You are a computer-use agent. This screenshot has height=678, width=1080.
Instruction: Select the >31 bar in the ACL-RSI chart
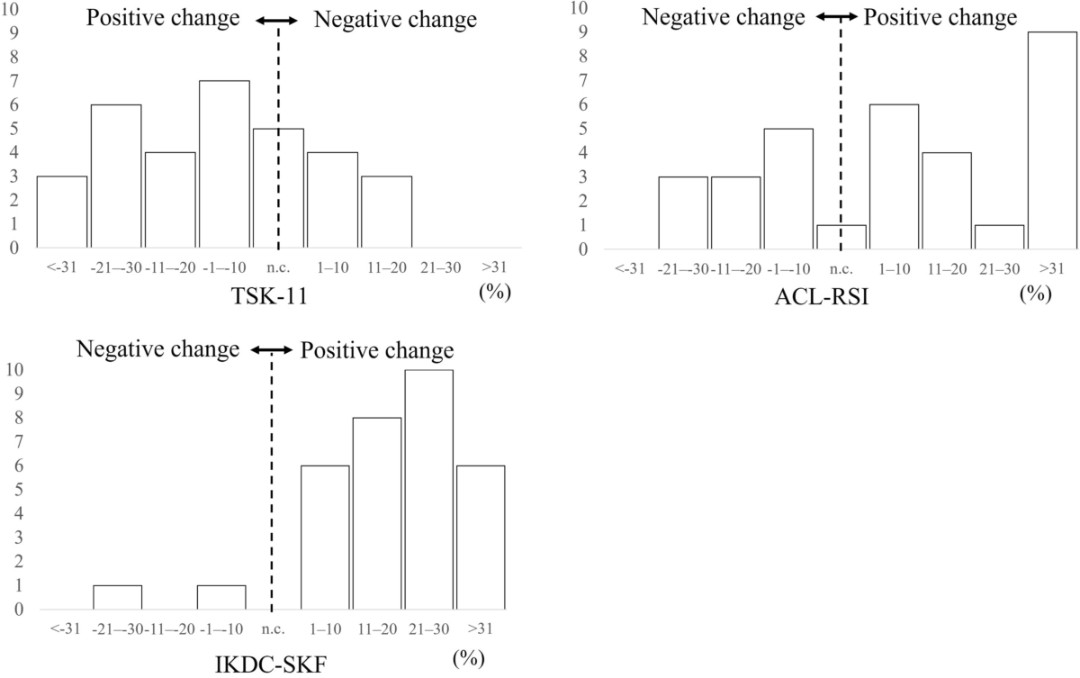[1051, 140]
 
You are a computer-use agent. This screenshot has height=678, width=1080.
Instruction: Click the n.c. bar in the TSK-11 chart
[278, 188]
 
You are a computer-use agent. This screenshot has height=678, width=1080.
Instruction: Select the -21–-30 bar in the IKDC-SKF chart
[117, 597]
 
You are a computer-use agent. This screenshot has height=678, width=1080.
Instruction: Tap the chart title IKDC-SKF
[252, 665]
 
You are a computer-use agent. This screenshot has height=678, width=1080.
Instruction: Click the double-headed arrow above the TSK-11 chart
[278, 20]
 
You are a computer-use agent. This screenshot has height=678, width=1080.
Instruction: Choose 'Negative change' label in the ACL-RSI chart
[724, 19]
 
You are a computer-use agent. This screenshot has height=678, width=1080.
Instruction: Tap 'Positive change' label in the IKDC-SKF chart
[376, 350]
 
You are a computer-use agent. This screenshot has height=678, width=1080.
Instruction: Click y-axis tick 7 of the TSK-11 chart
[15, 81]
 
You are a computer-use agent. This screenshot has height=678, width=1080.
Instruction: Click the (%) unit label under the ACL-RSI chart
[1035, 294]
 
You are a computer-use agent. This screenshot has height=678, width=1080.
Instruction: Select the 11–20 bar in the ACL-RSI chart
[946, 200]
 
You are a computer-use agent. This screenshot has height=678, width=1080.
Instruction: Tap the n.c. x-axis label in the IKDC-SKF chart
[272, 629]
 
